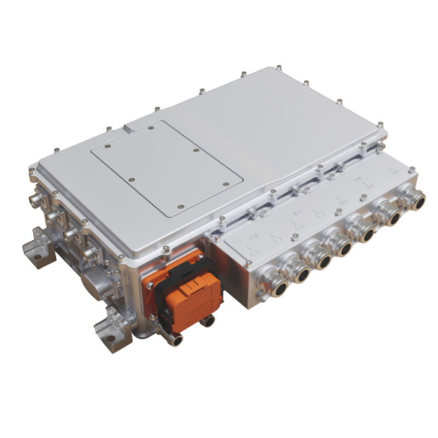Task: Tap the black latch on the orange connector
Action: (183, 283)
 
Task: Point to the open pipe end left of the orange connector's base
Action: (174, 340)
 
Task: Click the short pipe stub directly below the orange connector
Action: (207, 321)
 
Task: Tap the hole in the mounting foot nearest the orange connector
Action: (112, 338)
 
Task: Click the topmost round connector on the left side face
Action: (36, 200)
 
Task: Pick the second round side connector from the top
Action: (52, 217)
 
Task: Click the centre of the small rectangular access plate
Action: (166, 166)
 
